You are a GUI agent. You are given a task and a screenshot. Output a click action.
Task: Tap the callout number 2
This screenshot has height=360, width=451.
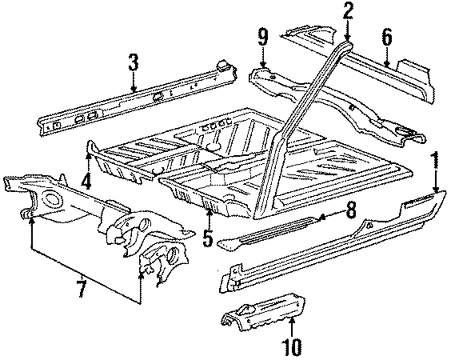pyautogui.click(x=348, y=10)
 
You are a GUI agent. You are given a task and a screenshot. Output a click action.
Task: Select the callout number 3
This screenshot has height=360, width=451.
pyautogui.click(x=134, y=62)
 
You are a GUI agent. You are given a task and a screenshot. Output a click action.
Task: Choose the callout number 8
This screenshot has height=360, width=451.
pyautogui.click(x=349, y=211)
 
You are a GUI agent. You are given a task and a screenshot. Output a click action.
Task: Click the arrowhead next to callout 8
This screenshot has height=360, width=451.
pyautogui.click(x=321, y=216)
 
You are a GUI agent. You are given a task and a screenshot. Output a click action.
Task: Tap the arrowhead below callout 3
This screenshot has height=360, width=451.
pyautogui.click(x=134, y=90)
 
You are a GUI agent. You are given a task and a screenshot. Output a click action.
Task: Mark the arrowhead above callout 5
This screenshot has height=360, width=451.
pyautogui.click(x=209, y=211)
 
